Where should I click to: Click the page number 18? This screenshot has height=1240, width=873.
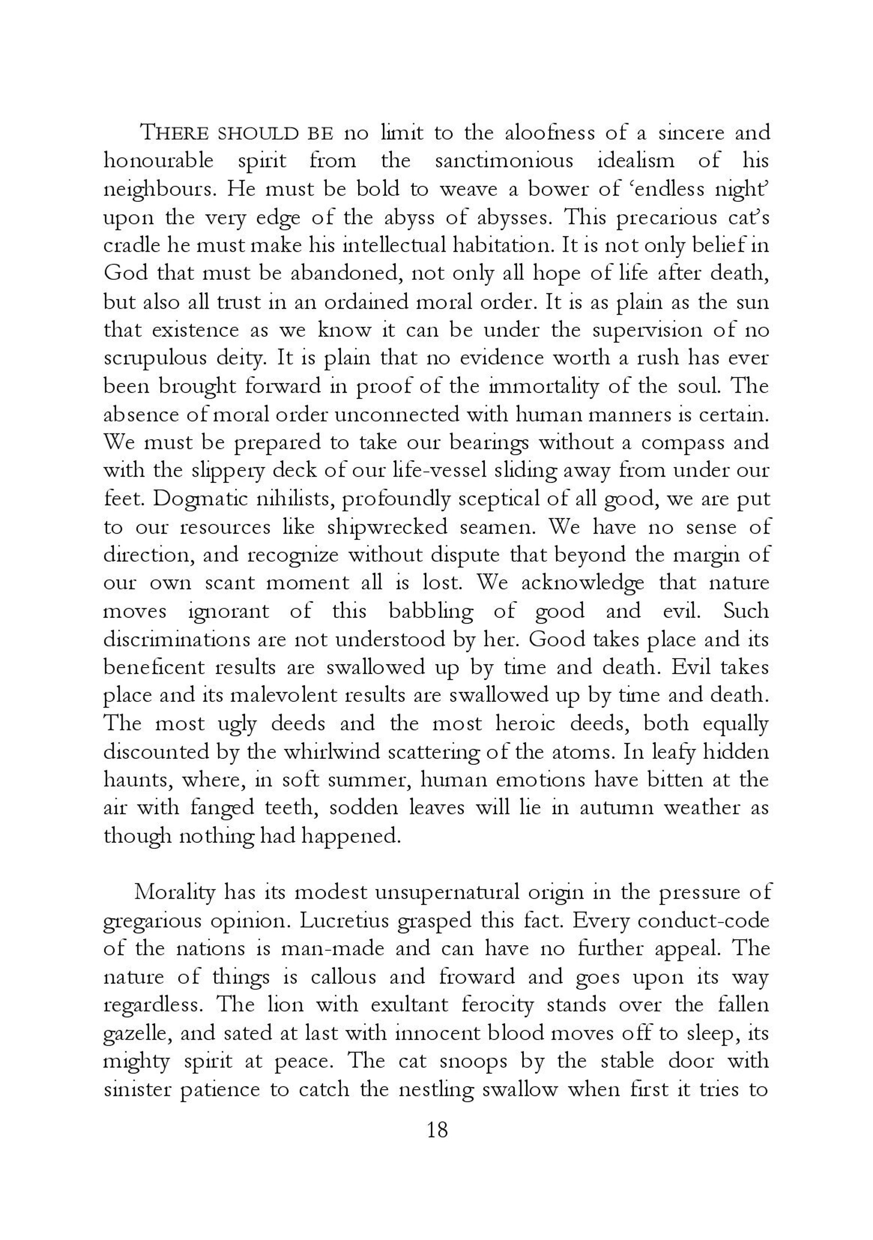[437, 1129]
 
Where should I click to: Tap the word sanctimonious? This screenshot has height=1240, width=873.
[504, 161]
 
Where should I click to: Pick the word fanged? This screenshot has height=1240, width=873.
[222, 808]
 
